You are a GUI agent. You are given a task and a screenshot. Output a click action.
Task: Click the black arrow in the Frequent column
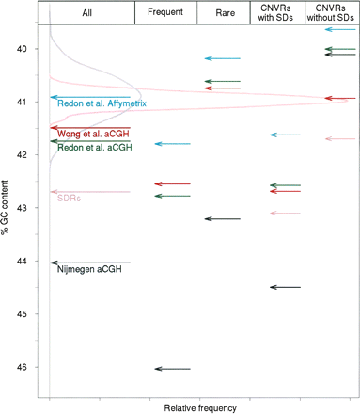pos(173,369)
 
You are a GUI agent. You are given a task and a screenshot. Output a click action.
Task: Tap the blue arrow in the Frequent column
pos(173,144)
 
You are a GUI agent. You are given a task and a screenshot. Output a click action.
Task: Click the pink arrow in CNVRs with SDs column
pos(285,214)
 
